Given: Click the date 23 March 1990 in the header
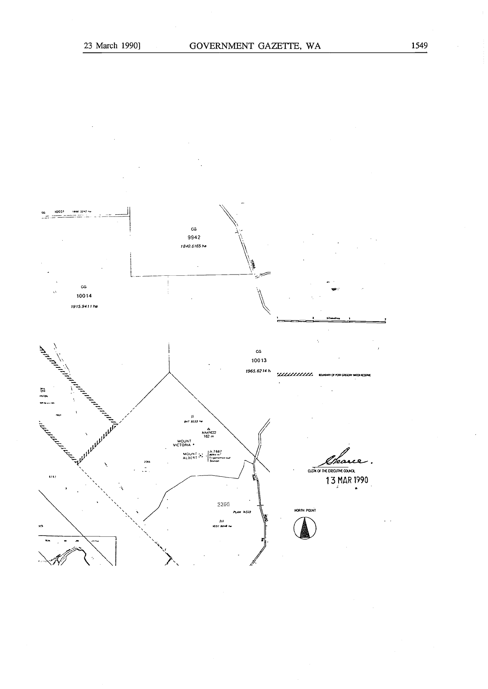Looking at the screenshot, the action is [x=112, y=45].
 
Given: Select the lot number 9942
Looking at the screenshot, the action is [x=194, y=237].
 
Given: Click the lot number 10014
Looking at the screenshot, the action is [x=84, y=296].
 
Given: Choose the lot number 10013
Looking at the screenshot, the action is [x=258, y=360].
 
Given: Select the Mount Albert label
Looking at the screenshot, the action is [x=190, y=456].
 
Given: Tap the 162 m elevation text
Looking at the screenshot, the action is [x=209, y=437].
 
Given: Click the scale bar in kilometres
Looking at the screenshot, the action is [x=331, y=321].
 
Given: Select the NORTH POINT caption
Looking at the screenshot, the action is [x=305, y=510].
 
